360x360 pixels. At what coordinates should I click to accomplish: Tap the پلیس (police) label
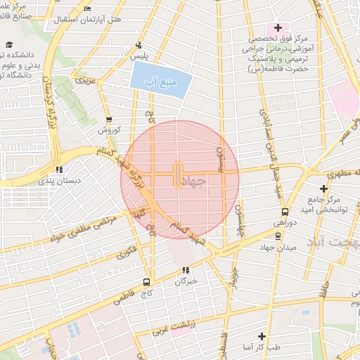143,54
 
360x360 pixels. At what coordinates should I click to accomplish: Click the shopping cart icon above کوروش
108,120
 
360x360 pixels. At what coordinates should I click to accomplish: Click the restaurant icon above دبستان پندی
60,169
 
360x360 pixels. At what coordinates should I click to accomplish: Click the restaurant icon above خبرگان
186,270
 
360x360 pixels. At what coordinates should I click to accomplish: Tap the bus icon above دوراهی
285,211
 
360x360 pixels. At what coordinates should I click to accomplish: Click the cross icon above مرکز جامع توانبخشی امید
323,188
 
